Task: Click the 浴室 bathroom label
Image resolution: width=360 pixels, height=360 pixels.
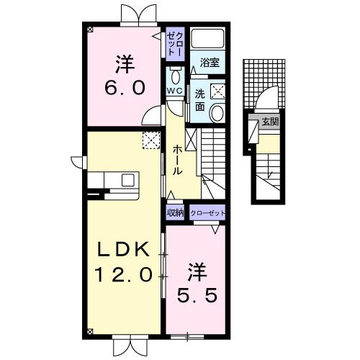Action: pos(210,63)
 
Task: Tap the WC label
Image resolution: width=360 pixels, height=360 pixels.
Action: pos(174,91)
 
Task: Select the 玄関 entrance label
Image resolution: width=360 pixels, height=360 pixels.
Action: pos(270,122)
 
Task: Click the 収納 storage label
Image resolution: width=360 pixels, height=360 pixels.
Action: pos(175,213)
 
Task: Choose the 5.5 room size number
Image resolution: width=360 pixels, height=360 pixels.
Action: pos(195,294)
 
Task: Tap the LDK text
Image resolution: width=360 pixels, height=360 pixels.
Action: pos(124,250)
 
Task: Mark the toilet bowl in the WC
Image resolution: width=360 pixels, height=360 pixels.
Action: pos(175,76)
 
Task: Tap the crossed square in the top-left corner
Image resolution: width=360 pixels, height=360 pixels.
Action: pos(90,30)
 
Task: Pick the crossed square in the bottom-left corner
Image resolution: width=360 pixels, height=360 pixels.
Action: pos(90,332)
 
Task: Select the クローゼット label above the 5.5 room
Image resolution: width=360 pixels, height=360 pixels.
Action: pos(207,213)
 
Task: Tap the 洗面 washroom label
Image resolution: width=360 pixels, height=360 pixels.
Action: pos(199,99)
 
